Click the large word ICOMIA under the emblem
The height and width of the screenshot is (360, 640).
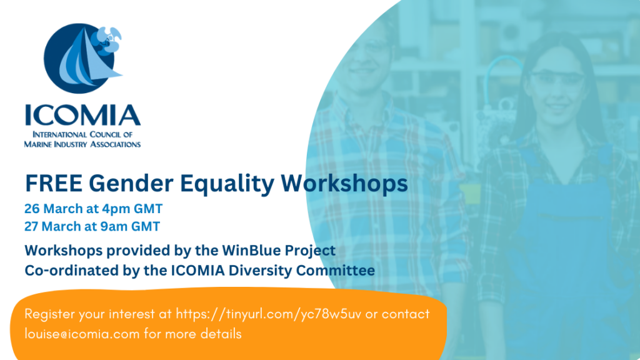tap(82, 115)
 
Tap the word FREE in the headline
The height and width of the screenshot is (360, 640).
tap(54, 184)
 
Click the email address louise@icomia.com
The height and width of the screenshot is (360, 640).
tap(82, 334)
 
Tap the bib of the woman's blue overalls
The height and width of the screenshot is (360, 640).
tap(556, 212)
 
